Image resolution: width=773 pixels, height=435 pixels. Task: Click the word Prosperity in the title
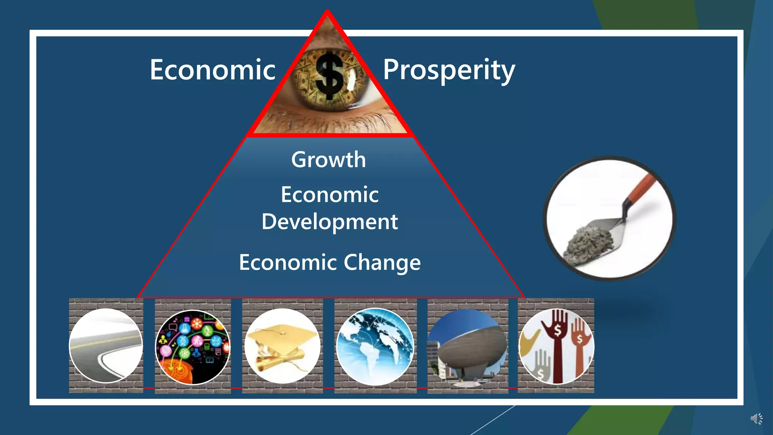click(x=449, y=70)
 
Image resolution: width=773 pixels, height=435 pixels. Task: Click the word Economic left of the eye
click(x=212, y=70)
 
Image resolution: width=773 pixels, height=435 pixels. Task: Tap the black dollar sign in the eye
click(x=330, y=76)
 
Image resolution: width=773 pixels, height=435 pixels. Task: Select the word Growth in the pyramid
click(x=328, y=160)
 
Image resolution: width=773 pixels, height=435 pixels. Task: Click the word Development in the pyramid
click(x=330, y=222)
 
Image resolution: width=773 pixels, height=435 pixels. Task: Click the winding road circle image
click(x=106, y=346)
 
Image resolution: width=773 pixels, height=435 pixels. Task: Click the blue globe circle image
click(x=375, y=347)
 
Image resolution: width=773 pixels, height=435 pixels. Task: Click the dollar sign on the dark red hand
click(x=557, y=331)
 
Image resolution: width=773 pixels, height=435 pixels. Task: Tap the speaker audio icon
click(x=756, y=419)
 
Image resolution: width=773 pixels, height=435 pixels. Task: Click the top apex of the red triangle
click(x=327, y=13)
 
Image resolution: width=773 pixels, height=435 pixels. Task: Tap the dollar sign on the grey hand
click(x=540, y=374)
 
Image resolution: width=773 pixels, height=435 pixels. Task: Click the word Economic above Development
click(x=330, y=195)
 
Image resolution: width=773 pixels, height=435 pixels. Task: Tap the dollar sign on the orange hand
click(x=579, y=339)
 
